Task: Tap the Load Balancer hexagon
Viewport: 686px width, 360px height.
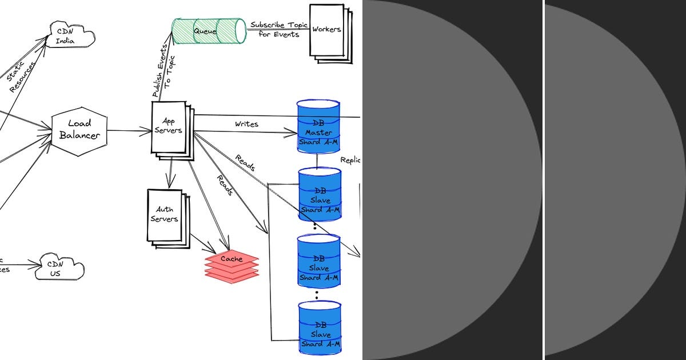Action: (x=79, y=130)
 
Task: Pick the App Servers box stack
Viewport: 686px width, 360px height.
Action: (x=170, y=129)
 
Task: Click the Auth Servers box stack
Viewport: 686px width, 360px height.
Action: (x=166, y=217)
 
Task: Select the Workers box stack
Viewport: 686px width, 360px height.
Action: (x=328, y=31)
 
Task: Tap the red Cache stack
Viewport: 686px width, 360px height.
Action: (x=232, y=266)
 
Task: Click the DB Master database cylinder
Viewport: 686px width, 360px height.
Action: (x=318, y=127)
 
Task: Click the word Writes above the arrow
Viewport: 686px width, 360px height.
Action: (x=246, y=123)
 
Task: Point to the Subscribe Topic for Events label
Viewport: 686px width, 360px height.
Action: (x=278, y=30)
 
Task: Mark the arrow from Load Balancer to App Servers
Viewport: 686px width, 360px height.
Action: (x=128, y=131)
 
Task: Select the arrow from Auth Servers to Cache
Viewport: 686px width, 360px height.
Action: (x=202, y=243)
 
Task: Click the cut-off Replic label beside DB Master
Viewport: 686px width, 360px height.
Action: (x=350, y=161)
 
